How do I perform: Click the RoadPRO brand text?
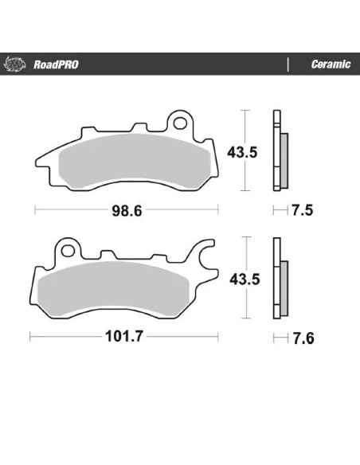[x=56, y=64]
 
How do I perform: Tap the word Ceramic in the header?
[x=331, y=64]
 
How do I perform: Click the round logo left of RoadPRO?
[x=14, y=64]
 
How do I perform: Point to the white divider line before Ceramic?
[x=288, y=64]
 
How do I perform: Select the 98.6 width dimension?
[x=127, y=211]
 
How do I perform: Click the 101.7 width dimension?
[x=124, y=336]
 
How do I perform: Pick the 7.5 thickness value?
[x=302, y=210]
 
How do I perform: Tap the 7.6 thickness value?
[x=303, y=338]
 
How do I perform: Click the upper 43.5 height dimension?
[x=242, y=152]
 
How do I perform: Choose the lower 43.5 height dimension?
[x=245, y=279]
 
